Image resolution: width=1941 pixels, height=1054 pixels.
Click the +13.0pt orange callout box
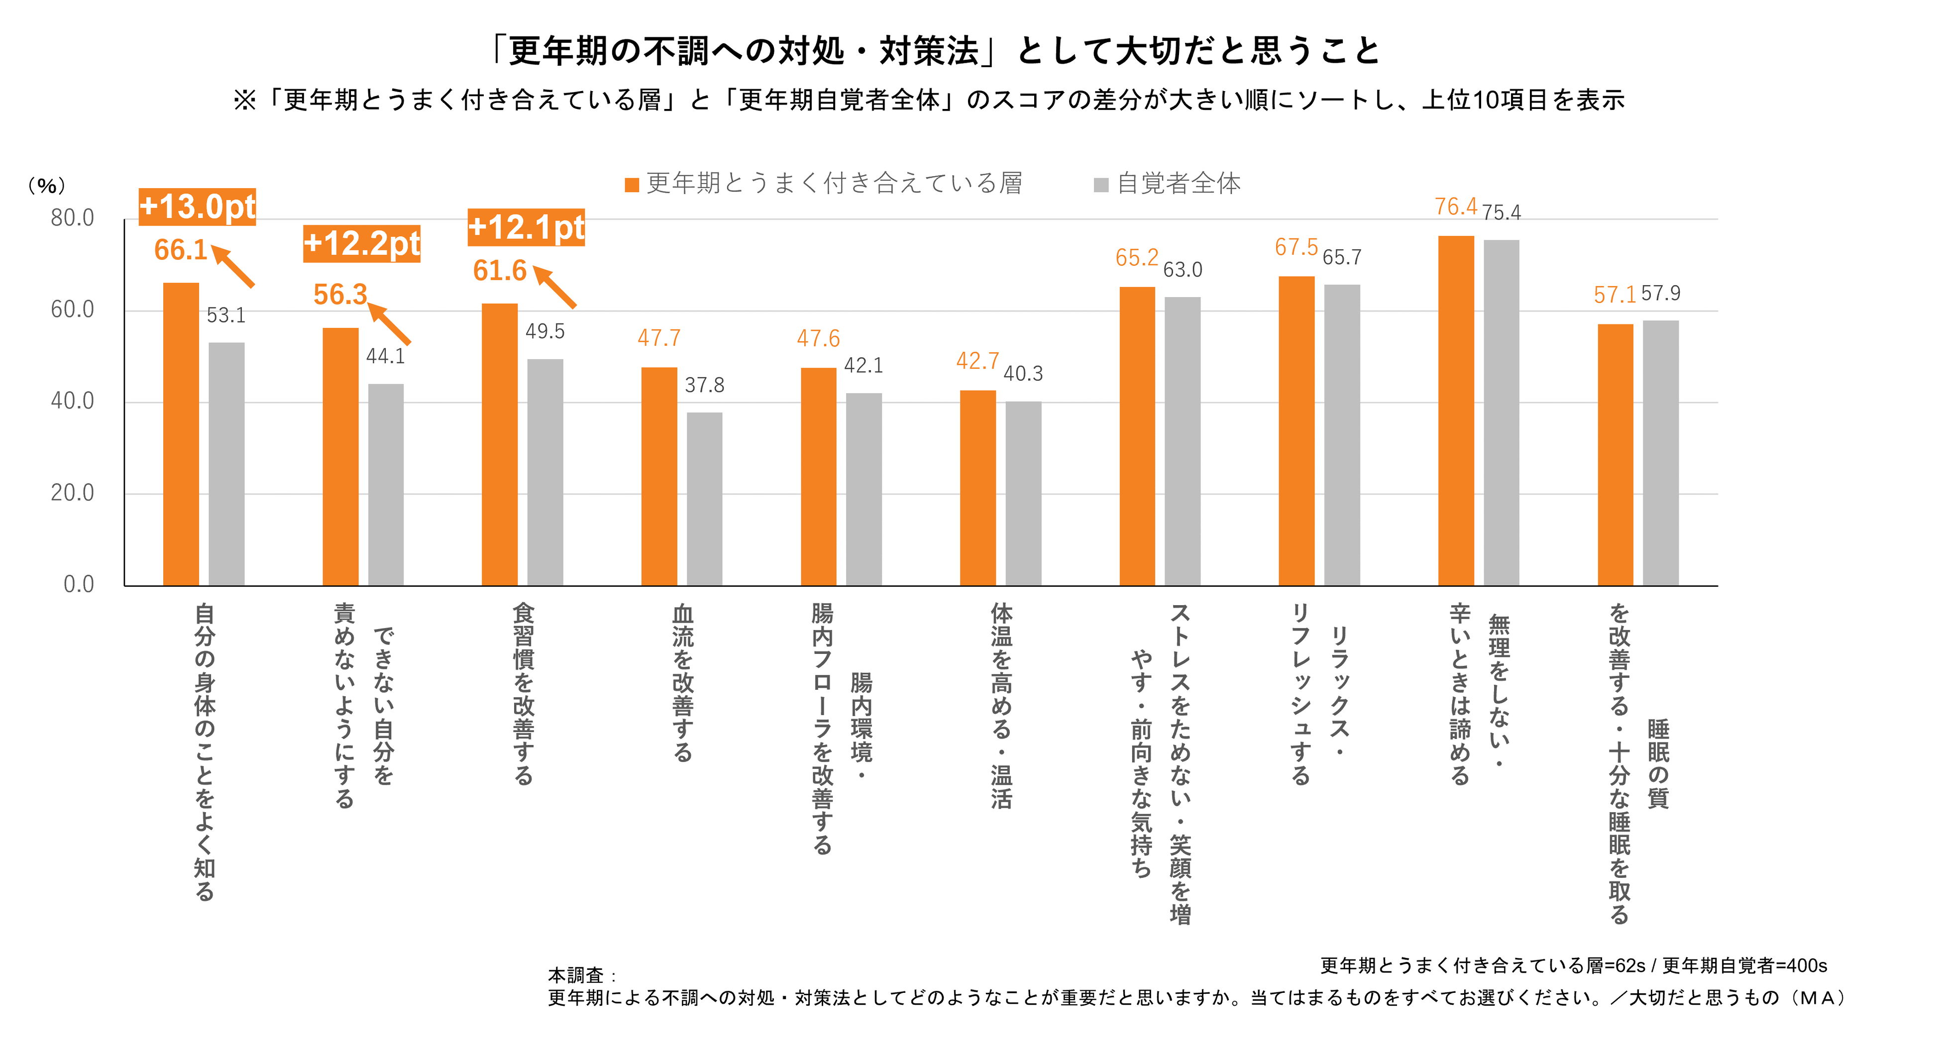pos(198,207)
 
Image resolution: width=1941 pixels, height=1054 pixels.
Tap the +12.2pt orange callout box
pos(362,243)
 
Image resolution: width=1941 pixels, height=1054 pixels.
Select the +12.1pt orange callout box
pos(526,227)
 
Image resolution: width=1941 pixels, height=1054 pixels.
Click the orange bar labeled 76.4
pos(1456,411)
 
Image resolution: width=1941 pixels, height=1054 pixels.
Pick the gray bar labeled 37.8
pos(705,499)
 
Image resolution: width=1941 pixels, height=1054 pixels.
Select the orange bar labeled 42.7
pos(977,488)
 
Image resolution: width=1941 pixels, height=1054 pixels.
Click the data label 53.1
pos(226,315)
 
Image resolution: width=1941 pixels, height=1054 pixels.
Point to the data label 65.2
pos(1136,258)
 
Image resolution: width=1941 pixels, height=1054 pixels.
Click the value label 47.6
pos(818,338)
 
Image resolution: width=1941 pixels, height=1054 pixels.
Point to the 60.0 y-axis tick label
pos(72,310)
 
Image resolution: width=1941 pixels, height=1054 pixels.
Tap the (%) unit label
pos(47,185)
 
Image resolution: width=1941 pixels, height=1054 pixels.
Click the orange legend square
pos(632,185)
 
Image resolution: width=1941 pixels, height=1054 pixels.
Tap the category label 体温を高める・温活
pos(1001,705)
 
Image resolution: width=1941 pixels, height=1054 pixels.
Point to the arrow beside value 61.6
pos(555,286)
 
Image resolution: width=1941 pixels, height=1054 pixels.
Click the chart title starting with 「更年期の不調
pos(934,51)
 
